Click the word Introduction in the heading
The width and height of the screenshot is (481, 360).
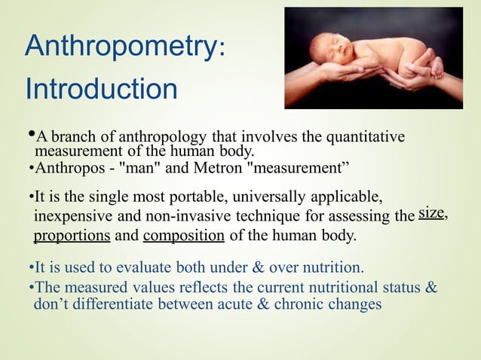(101, 89)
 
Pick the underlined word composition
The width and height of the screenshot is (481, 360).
(183, 236)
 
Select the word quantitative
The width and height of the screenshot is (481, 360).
(364, 136)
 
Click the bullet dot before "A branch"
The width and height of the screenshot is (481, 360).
(30, 135)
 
